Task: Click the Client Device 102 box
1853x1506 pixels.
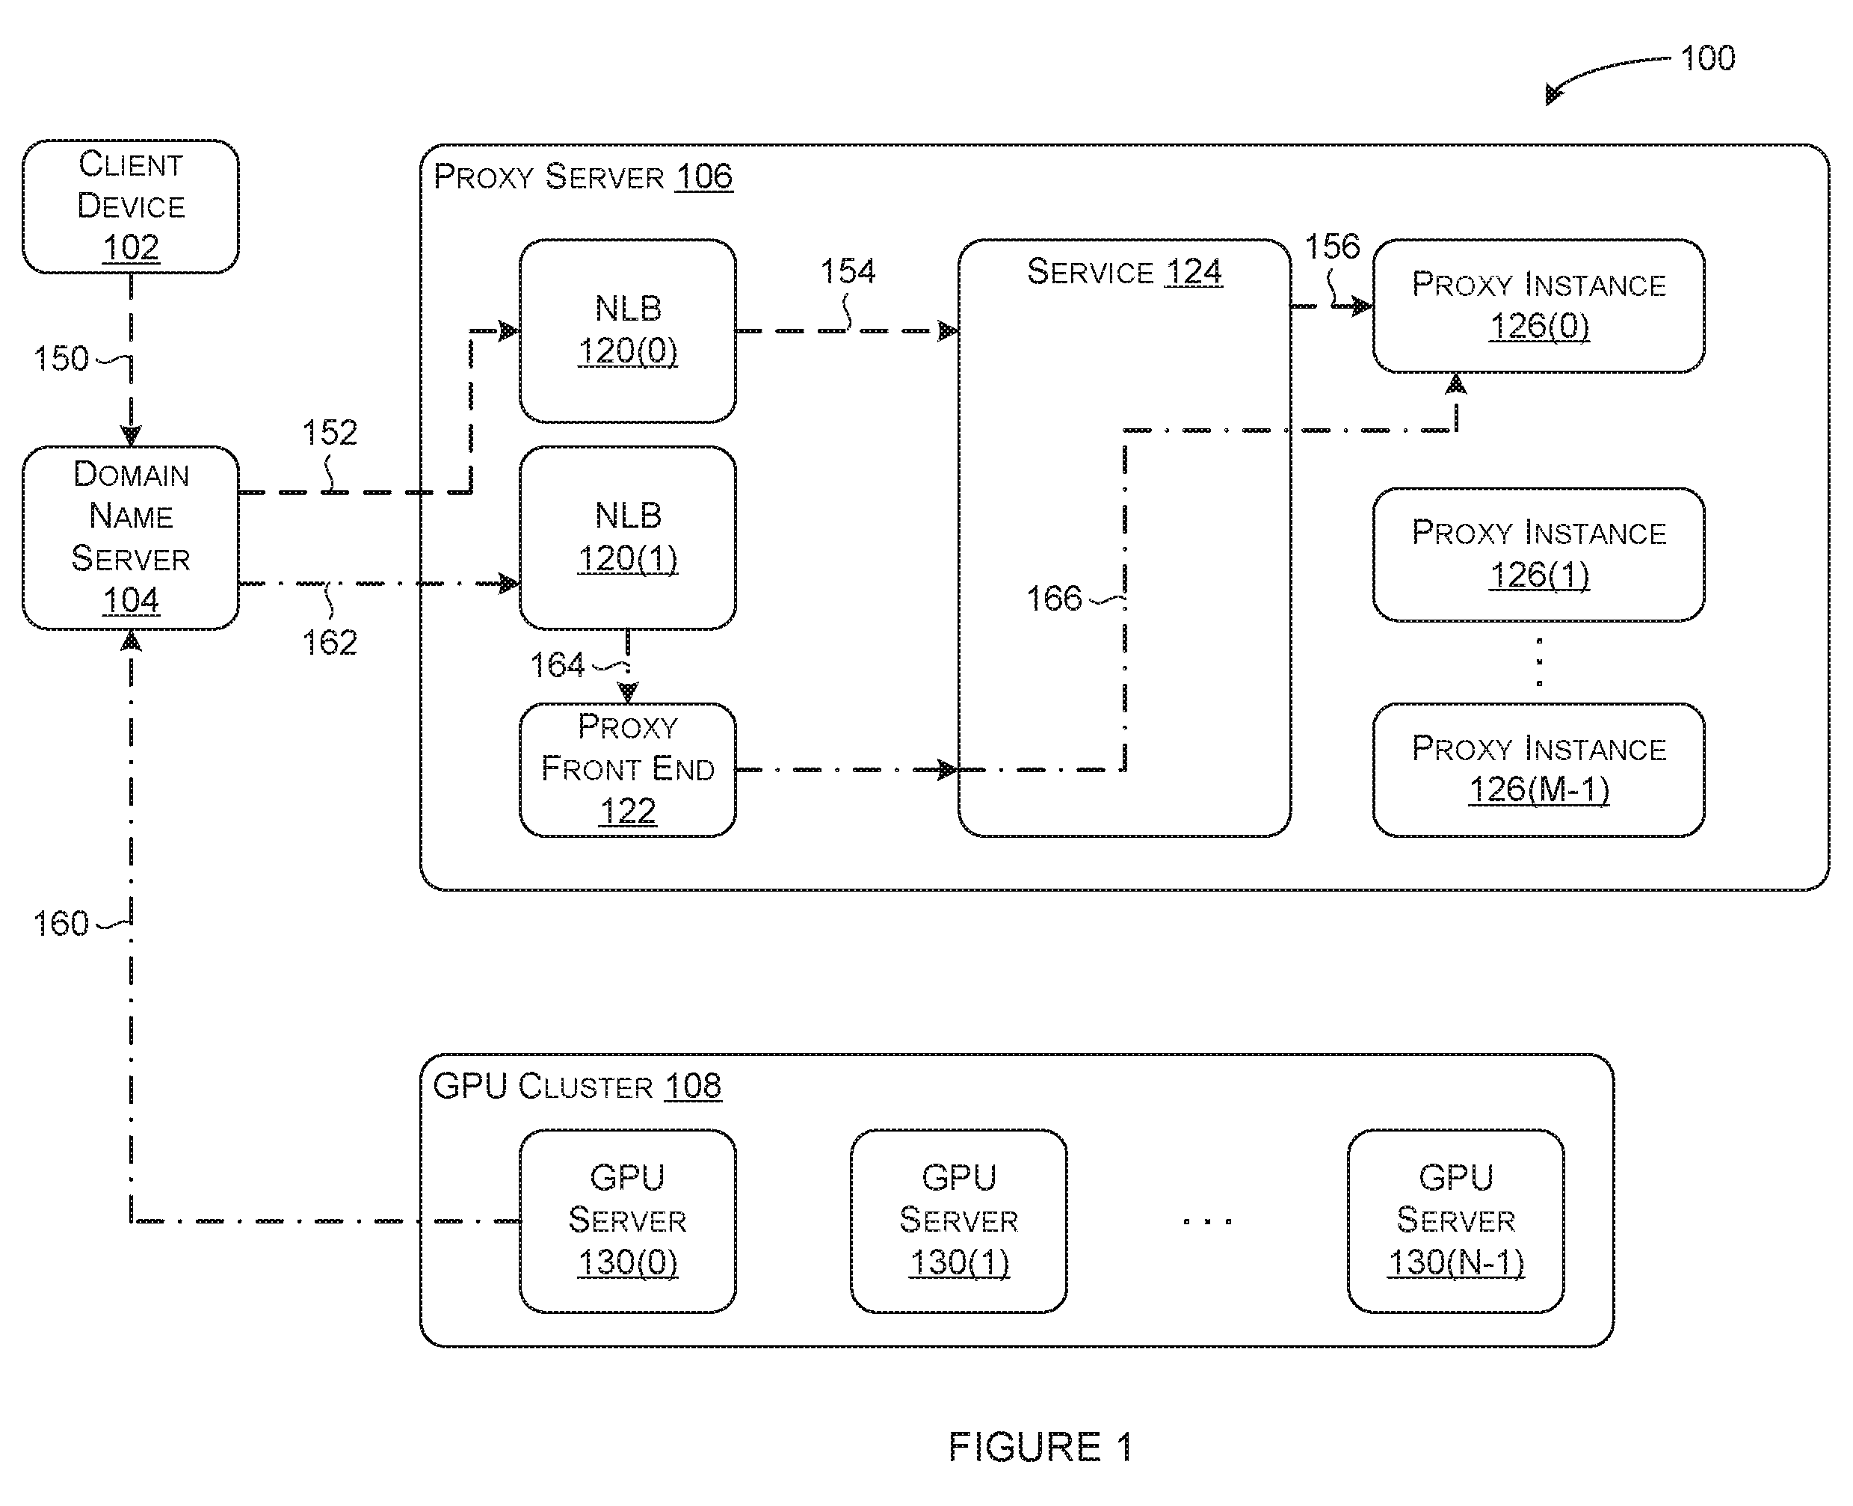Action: pos(130,206)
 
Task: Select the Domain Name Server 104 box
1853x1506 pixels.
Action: pos(130,538)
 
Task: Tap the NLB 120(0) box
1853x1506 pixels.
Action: pos(627,331)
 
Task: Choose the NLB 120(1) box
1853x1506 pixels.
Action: pos(627,538)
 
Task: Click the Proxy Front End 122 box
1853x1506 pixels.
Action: pos(627,770)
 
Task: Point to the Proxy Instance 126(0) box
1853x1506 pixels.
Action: pos(1538,306)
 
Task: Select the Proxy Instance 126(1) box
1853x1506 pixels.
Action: pos(1538,555)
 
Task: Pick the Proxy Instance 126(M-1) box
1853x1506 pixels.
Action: pos(1538,770)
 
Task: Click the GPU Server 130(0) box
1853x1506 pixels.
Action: pos(627,1220)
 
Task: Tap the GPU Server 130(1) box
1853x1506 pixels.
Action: pos(958,1220)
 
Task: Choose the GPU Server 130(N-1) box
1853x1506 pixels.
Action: pos(1455,1220)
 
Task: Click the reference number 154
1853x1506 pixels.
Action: pos(848,271)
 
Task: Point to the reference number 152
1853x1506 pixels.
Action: pos(330,433)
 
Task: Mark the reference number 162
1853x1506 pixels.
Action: pos(330,643)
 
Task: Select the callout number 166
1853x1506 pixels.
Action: pos(1054,599)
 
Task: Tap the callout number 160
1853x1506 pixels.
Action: pos(61,924)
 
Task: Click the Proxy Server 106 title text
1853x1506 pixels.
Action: pos(583,177)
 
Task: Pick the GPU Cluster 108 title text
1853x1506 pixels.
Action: pos(577,1086)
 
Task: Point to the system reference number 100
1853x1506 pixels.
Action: pos(1707,58)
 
